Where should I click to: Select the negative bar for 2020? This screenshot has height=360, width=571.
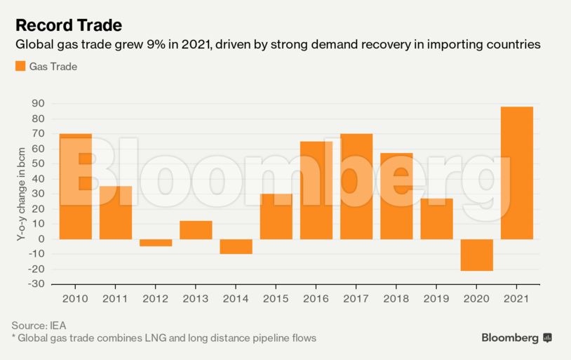tap(477, 255)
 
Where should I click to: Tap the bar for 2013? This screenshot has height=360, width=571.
tap(196, 230)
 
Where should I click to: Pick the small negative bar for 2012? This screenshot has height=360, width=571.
tap(156, 243)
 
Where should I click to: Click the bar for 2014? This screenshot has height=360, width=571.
tap(236, 246)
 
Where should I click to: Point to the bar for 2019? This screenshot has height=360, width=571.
tap(437, 219)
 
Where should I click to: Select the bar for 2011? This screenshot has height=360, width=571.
tap(116, 213)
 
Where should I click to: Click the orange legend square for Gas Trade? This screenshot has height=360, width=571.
tap(20, 67)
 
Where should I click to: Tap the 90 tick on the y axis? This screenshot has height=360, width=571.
tap(37, 104)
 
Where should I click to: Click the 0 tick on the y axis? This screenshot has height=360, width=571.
tap(41, 239)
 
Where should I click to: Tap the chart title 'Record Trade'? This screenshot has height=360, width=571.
tap(68, 25)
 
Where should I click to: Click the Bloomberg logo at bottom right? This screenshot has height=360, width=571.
tap(516, 338)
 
